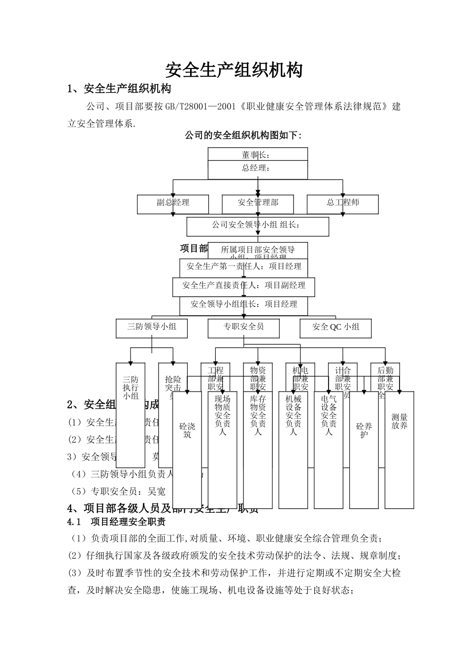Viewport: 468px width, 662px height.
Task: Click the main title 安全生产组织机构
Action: coord(234,70)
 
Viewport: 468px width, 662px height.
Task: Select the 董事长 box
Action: coord(258,154)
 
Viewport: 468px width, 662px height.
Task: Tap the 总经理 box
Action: coord(258,168)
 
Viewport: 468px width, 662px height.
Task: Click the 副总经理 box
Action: coord(173,202)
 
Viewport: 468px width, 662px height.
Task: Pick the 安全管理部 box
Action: coord(258,202)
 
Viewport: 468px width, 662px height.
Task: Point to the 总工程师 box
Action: coord(343,202)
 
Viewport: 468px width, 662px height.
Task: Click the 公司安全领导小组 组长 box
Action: coord(257,226)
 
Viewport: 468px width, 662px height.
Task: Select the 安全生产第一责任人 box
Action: coord(244,267)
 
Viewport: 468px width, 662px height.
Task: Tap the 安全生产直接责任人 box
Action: coord(244,286)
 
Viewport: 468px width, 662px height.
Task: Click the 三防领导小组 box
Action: coord(152,327)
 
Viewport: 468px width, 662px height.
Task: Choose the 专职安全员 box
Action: coord(243,327)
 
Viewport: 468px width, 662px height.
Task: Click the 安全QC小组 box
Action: coord(336,327)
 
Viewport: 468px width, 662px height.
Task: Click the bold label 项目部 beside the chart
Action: coord(194,248)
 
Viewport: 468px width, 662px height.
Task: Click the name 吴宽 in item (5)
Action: coord(156,492)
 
